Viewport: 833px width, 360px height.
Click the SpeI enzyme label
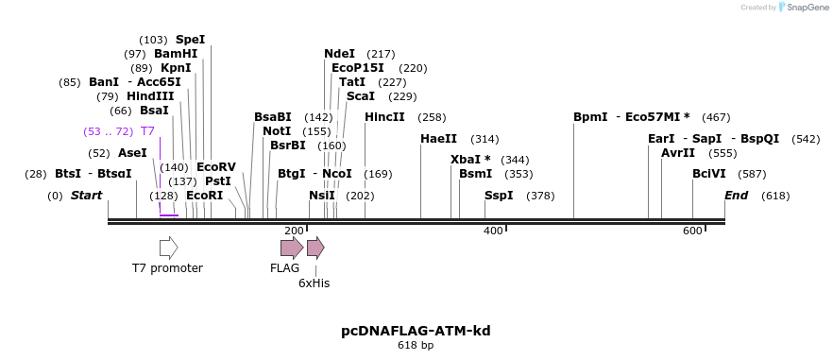(190, 40)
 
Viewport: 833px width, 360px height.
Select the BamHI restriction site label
(176, 54)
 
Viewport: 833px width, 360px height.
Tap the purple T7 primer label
(147, 131)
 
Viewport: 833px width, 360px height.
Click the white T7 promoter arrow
(168, 248)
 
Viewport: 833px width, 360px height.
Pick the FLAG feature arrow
(292, 248)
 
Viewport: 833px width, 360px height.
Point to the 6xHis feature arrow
(315, 248)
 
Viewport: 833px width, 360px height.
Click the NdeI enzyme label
(339, 54)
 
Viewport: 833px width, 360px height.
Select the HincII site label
(384, 117)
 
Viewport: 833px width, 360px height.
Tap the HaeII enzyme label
(438, 139)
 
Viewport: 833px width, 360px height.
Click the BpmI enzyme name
(590, 117)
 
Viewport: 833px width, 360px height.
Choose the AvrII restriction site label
(678, 153)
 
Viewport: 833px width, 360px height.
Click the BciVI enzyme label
(708, 174)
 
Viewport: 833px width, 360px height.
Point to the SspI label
(499, 196)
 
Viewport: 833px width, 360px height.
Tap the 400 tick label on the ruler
(493, 231)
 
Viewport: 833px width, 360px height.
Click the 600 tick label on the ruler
(692, 231)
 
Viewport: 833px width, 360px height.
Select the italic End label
(736, 196)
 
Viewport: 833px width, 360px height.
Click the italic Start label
(86, 196)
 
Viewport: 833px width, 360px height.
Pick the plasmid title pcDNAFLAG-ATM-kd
(416, 331)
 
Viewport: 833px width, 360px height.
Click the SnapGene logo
(803, 7)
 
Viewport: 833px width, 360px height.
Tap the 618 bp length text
(416, 346)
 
